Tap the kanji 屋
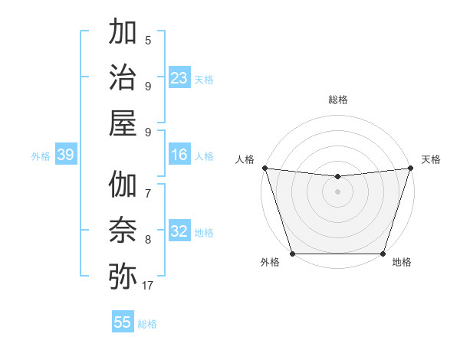(x=123, y=123)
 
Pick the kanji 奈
(x=123, y=230)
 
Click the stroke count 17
(x=148, y=286)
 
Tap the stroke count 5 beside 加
(x=148, y=41)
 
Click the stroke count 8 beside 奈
(x=148, y=240)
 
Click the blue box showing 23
(x=179, y=78)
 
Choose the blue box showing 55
(x=123, y=322)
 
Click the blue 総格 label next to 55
(x=147, y=324)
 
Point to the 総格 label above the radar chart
(x=338, y=100)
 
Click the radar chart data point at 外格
(x=293, y=254)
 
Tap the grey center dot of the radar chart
(x=337, y=191)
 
